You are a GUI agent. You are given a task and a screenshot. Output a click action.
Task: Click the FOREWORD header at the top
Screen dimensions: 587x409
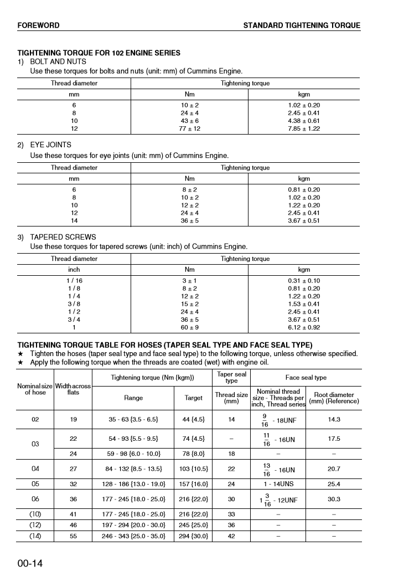coord(38,25)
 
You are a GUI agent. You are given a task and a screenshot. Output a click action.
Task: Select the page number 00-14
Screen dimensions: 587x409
coord(30,564)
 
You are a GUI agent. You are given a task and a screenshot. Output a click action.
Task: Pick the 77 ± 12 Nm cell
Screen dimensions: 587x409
coord(190,128)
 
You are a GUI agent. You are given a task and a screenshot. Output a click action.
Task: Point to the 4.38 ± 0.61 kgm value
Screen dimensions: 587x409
coord(304,121)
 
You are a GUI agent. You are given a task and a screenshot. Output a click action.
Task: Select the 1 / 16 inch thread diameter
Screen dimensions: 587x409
coord(74,281)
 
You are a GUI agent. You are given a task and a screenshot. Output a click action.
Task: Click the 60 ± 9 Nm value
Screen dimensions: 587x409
coord(190,327)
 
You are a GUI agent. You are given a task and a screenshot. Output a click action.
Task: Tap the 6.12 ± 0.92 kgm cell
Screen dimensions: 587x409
coord(304,327)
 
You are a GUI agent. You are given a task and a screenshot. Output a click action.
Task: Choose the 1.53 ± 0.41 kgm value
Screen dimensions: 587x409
coord(304,304)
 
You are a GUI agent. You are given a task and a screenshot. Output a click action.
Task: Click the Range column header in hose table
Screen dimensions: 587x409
coord(133,398)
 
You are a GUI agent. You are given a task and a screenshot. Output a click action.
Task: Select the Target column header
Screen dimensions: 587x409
coord(193,398)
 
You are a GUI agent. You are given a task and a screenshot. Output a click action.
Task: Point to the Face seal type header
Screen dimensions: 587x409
coord(306,378)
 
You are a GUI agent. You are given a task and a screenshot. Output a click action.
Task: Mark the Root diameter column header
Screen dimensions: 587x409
coord(333,398)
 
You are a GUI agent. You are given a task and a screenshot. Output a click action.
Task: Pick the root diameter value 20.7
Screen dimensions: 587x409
coord(333,469)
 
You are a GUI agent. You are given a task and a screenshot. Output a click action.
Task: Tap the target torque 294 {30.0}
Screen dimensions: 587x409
coord(193,536)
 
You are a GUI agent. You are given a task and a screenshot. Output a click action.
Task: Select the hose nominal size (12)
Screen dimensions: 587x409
coord(35,524)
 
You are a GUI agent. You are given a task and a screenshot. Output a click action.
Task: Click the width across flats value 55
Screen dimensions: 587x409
coord(73,536)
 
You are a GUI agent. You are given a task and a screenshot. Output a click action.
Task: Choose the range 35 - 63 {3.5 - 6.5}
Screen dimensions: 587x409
coord(133,420)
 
